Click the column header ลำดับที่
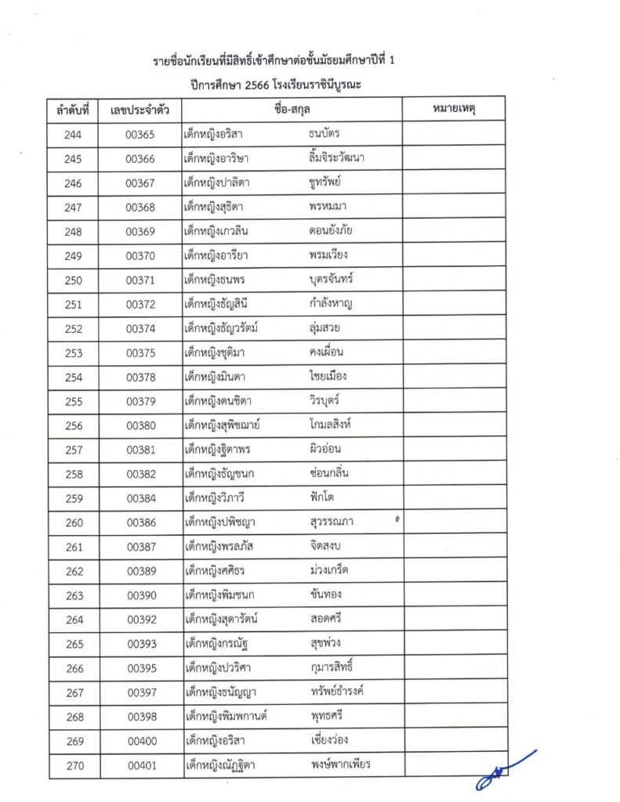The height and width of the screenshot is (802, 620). pyautogui.click(x=74, y=110)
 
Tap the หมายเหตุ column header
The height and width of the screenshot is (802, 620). pyautogui.click(x=454, y=110)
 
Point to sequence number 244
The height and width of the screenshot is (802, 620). pyautogui.click(x=74, y=135)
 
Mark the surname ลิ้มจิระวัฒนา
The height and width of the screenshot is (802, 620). pyautogui.click(x=338, y=158)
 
